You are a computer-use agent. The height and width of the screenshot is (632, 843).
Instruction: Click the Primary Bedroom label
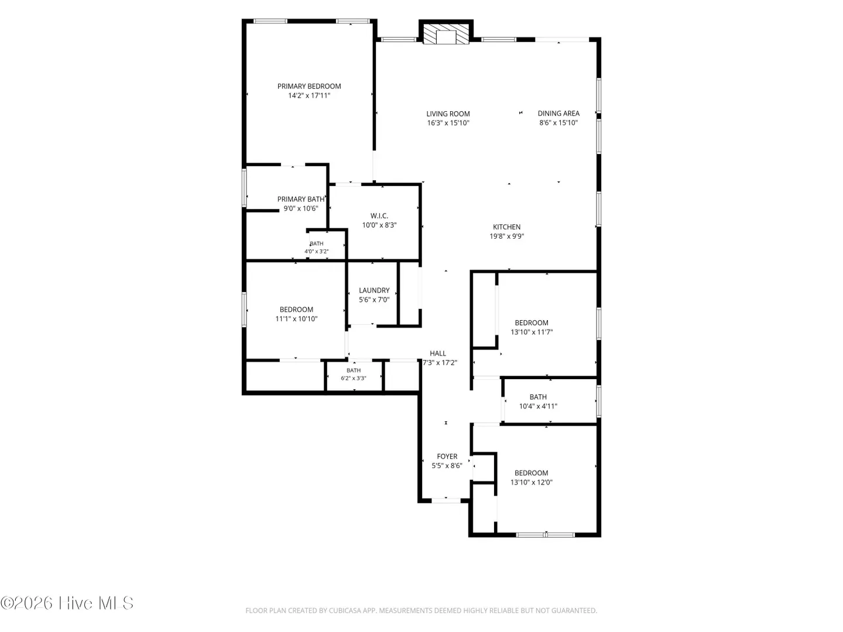309,87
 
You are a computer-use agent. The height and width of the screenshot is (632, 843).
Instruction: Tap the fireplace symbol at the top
446,35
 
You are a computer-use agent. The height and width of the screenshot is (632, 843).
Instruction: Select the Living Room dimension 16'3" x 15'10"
448,123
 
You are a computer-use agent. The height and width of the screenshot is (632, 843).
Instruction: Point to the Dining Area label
558,114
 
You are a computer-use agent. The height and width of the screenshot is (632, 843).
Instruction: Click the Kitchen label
506,227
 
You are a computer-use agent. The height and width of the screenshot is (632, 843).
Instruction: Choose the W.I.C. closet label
379,216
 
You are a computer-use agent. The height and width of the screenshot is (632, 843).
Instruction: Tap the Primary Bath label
301,199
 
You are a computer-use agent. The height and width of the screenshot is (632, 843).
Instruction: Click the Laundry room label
374,290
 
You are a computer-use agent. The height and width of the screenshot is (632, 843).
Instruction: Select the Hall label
438,353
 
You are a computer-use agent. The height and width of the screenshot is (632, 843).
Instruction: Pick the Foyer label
447,456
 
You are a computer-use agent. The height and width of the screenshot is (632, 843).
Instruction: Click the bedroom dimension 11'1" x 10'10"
296,319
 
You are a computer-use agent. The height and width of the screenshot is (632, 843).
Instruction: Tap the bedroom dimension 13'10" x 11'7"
531,332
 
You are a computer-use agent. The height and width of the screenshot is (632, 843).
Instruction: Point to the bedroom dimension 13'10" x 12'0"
531,482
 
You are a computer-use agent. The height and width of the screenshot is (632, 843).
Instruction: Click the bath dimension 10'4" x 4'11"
538,406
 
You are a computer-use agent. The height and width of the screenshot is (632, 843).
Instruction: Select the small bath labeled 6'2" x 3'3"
354,375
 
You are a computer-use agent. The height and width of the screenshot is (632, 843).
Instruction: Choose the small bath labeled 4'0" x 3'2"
317,248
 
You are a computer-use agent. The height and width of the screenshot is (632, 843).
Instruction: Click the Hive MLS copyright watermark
67,603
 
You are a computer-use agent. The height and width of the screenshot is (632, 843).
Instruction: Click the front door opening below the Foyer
446,500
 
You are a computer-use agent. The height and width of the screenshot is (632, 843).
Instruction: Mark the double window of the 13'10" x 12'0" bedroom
545,534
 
